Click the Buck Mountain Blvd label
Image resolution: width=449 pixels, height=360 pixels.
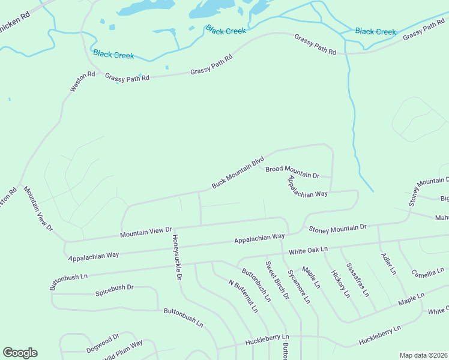click(238, 173)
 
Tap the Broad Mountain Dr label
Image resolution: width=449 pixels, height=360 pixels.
click(292, 172)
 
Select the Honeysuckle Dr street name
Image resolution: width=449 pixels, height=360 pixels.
click(176, 257)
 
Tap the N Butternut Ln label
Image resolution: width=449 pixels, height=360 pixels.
click(243, 296)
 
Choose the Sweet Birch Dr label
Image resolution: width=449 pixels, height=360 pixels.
click(277, 281)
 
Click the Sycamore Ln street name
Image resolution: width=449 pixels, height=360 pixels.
click(298, 285)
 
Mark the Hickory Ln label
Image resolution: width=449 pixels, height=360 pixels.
click(339, 281)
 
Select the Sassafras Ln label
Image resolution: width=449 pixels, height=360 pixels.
click(358, 278)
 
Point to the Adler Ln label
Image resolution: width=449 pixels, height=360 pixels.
click(388, 264)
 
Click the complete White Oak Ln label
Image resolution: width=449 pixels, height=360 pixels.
click(309, 249)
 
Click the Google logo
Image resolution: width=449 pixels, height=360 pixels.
click(20, 353)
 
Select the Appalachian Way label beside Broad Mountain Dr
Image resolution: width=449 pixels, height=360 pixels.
click(307, 187)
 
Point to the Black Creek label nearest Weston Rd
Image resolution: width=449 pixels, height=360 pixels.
click(113, 54)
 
